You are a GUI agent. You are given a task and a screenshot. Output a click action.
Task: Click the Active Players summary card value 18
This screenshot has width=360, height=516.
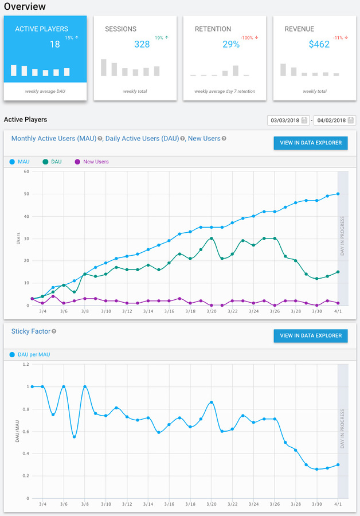tap(54, 44)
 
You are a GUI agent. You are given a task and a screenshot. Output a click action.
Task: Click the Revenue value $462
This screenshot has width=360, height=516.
tap(319, 44)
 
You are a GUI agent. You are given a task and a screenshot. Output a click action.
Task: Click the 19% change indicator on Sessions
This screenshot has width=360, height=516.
tap(161, 38)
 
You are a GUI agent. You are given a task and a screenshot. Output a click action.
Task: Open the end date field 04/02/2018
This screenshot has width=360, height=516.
tap(331, 120)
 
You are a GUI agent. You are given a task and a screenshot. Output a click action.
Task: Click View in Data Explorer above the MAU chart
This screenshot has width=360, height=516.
tap(310, 143)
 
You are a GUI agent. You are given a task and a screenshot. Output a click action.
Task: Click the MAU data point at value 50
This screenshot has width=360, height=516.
tap(338, 194)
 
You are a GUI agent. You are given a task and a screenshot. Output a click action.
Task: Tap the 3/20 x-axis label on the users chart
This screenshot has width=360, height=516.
tap(212, 311)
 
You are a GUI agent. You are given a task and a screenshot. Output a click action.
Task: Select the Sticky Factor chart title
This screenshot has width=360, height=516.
tap(27, 331)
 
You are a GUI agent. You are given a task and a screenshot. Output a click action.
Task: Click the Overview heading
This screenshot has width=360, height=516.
tap(25, 6)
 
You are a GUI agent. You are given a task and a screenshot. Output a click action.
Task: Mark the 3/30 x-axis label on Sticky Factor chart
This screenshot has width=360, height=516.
tap(316, 505)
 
